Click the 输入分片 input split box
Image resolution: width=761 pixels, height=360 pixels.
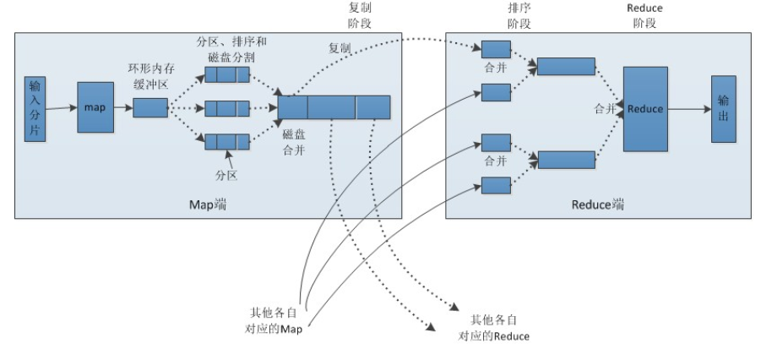point(35,107)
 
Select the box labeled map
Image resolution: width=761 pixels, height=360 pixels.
point(95,107)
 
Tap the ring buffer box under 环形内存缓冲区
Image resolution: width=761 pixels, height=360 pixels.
point(150,107)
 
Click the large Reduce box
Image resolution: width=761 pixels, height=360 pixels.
point(646,108)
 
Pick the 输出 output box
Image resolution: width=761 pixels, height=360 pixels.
point(724,108)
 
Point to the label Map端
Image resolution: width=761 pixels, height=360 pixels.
point(210,205)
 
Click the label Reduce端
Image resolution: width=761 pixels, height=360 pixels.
point(597,205)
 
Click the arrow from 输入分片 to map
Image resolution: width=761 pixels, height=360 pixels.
point(62,108)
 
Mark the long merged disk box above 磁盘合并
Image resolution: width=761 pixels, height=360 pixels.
point(334,107)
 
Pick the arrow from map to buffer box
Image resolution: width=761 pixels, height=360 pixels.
point(123,108)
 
